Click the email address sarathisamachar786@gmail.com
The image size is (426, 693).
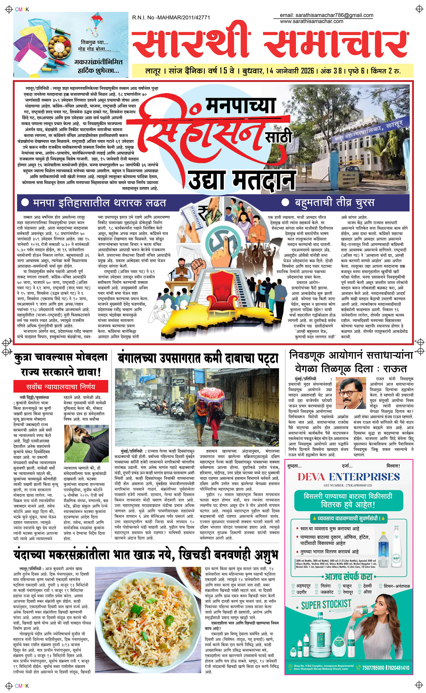[x=326, y=15]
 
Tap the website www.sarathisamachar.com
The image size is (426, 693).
[x=311, y=21]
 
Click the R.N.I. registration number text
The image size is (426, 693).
[x=171, y=17]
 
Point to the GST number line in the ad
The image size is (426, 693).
[x=348, y=485]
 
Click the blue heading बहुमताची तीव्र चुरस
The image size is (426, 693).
[x=334, y=203]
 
